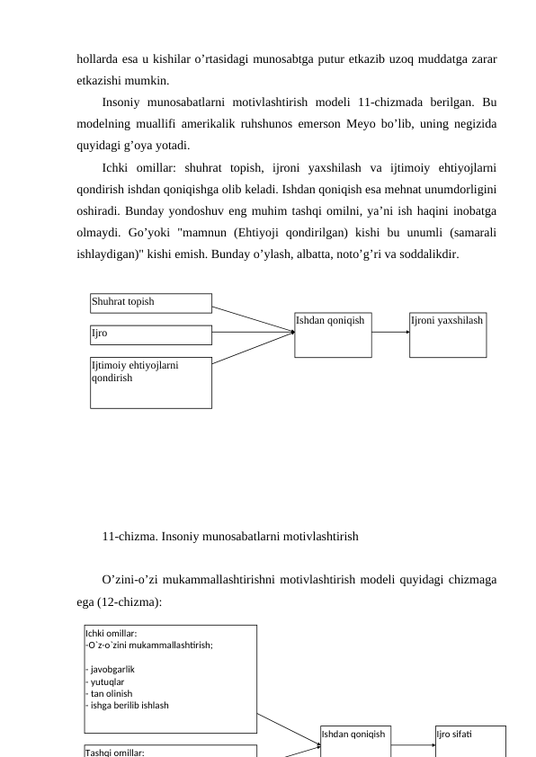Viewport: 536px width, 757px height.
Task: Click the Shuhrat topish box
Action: click(151, 303)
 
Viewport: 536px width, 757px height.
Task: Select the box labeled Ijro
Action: click(151, 334)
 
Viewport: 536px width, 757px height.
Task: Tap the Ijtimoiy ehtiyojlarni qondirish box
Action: click(151, 382)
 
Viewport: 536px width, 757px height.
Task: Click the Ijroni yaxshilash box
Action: click(447, 334)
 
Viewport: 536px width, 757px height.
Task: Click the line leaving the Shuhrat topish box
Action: click(254, 318)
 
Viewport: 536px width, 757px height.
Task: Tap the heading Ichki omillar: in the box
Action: click(111, 633)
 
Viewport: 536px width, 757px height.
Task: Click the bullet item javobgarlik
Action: click(112, 670)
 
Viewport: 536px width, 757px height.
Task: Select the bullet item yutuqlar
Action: click(106, 681)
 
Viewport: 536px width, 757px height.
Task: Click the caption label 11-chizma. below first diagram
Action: click(126, 537)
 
